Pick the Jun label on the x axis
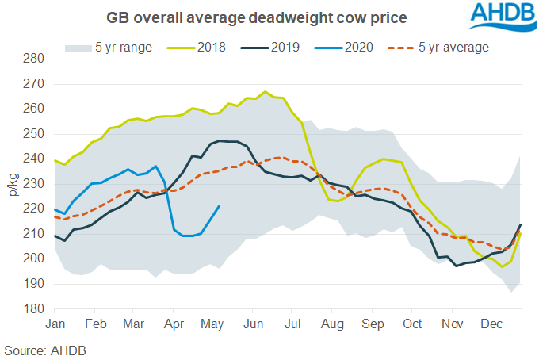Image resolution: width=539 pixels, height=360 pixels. (x=254, y=324)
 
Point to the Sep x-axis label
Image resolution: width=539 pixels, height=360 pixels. (x=373, y=324)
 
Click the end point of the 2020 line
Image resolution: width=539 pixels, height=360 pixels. (x=220, y=206)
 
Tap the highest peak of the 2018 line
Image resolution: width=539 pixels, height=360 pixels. (x=265, y=92)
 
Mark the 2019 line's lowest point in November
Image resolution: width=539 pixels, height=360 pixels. (x=456, y=266)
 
